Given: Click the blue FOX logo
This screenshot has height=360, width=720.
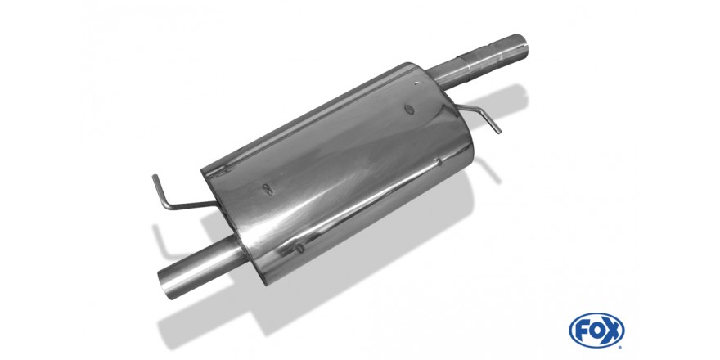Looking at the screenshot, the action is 596,331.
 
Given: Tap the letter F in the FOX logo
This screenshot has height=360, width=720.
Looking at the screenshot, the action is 583,331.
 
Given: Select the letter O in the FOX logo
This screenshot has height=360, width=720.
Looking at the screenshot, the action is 596,331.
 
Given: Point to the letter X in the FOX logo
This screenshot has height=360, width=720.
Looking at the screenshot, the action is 610,331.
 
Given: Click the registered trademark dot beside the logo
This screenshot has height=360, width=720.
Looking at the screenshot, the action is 621,347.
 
